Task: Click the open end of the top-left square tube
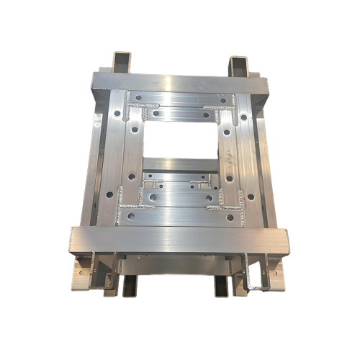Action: click(x=122, y=61)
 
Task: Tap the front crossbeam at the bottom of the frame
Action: click(x=180, y=240)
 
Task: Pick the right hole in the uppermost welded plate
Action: click(x=222, y=99)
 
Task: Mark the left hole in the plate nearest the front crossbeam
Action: click(x=131, y=215)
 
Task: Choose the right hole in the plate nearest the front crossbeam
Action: click(x=230, y=217)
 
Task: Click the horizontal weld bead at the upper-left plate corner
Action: click(x=142, y=106)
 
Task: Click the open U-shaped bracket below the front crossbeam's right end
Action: click(x=253, y=274)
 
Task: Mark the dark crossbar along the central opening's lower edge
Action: click(x=180, y=163)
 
